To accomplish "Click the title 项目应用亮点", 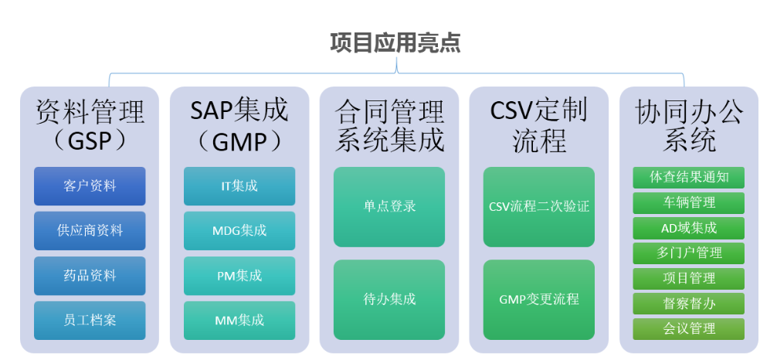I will coord(395,42).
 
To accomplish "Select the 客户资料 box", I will coord(90,186).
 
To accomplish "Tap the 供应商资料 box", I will coord(90,230).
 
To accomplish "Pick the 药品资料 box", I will coord(90,275).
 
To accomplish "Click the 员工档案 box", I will coord(90,320).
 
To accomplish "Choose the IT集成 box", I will coord(239,186).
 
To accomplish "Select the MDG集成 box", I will coord(239,230).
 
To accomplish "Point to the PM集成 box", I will coord(239,275).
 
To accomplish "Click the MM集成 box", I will coord(239,320).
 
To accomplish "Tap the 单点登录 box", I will coord(389,206).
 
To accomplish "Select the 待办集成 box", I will coord(389,299).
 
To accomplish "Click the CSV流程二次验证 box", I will coord(539,206).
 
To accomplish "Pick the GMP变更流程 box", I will coord(539,299).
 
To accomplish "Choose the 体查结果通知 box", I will coord(689,178).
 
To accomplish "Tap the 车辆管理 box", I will coord(689,203).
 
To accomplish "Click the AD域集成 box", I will coord(689,228).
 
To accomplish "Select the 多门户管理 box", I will coord(689,253).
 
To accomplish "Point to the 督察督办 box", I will coord(689,303).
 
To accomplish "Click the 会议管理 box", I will coord(689,328).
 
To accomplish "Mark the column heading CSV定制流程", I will coord(539,125).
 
